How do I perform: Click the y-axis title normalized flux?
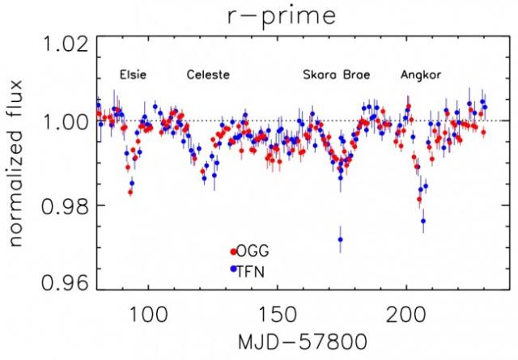click(x=18, y=166)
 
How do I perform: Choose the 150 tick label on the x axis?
click(x=277, y=311)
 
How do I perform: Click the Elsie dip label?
click(x=133, y=75)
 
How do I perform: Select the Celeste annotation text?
click(x=208, y=75)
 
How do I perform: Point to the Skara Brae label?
click(x=336, y=75)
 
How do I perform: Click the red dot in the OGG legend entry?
click(x=233, y=252)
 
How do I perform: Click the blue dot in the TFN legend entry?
click(x=233, y=268)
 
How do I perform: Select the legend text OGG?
click(x=252, y=252)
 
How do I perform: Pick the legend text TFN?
click(x=251, y=268)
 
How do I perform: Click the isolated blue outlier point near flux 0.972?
click(x=341, y=239)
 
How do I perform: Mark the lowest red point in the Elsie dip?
click(x=129, y=192)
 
